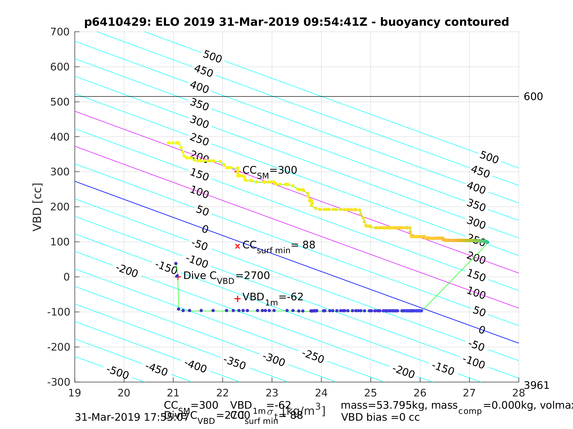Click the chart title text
pyautogui.click(x=297, y=22)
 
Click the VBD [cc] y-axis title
pyautogui.click(x=38, y=207)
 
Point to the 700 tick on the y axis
pyautogui.click(x=60, y=32)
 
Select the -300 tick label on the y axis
pyautogui.click(x=59, y=382)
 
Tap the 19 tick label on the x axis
pyautogui.click(x=75, y=393)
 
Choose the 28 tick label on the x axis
pyautogui.click(x=519, y=393)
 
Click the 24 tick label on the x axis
pyautogui.click(x=321, y=393)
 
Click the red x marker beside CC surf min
pyautogui.click(x=237, y=246)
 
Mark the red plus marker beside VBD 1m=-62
pyautogui.click(x=237, y=299)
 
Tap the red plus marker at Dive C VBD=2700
pyautogui.click(x=178, y=277)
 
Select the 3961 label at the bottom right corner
pyautogui.click(x=536, y=386)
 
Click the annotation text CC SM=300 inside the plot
pyautogui.click(x=269, y=171)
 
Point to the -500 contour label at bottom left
pyautogui.click(x=118, y=372)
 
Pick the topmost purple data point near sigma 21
pyautogui.click(x=176, y=264)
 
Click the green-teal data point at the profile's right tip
pyautogui.click(x=487, y=242)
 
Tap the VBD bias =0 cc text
pyautogui.click(x=380, y=417)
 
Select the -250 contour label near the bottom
pyautogui.click(x=313, y=357)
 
